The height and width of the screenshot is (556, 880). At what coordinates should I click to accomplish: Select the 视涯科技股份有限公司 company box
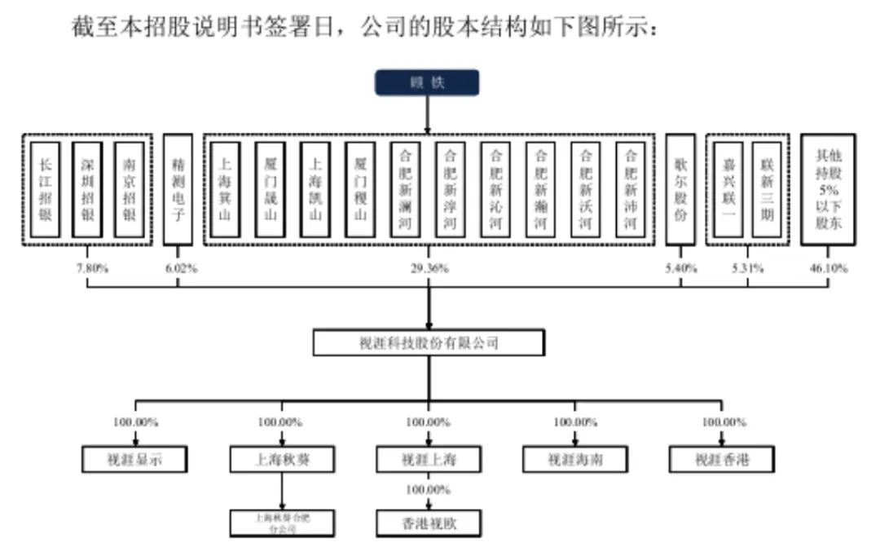click(429, 343)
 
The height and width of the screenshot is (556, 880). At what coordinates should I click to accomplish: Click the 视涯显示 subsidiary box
click(135, 460)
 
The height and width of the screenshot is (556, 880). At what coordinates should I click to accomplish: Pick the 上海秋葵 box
click(281, 460)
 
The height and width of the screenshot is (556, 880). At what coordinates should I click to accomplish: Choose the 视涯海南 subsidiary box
click(575, 460)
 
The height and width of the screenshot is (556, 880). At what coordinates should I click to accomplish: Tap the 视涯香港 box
click(721, 460)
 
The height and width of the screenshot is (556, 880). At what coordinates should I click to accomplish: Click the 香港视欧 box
click(429, 523)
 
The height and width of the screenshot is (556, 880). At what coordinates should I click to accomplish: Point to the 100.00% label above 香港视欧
click(429, 490)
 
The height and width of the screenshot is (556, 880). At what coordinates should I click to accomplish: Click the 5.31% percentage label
click(747, 268)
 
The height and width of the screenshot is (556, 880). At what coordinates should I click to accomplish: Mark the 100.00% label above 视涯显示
click(135, 422)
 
